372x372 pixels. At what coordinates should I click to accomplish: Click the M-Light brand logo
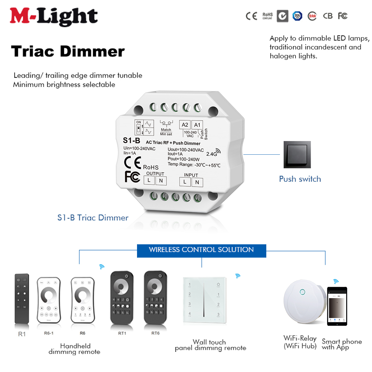point(54,16)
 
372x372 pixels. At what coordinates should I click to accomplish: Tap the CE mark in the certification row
point(251,16)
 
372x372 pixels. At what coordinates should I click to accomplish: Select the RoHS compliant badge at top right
point(267,16)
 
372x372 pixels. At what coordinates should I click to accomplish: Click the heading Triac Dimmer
point(68,51)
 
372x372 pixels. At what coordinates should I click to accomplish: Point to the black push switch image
point(297,155)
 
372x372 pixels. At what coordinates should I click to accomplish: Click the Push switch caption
point(300,179)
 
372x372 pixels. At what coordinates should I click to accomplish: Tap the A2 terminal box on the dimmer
point(185,125)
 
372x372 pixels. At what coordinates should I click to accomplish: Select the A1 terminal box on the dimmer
point(197,125)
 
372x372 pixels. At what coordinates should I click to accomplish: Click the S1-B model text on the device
point(131,140)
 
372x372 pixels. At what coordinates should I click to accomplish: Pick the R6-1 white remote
point(49,300)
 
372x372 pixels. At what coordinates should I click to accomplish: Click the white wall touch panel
point(204,300)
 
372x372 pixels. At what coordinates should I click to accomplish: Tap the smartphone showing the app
point(337,306)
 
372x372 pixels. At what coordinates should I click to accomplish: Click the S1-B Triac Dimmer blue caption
point(93,218)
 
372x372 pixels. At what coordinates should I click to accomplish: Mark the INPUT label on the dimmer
point(191,175)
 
